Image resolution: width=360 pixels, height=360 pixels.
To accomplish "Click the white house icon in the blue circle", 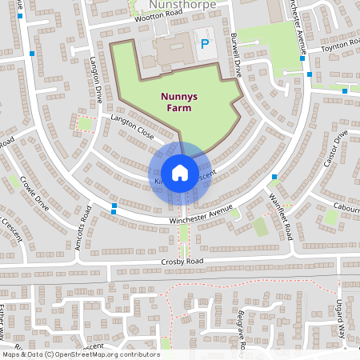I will click(x=180, y=172).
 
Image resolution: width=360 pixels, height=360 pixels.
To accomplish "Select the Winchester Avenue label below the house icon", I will click(x=201, y=214).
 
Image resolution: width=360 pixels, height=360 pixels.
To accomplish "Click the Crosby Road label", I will click(x=183, y=261).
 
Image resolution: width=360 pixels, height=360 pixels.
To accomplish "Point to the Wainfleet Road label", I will click(x=281, y=212).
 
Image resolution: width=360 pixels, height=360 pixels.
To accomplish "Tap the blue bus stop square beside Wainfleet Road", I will click(x=274, y=177).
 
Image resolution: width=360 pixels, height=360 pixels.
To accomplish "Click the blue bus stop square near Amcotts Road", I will click(x=115, y=206).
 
